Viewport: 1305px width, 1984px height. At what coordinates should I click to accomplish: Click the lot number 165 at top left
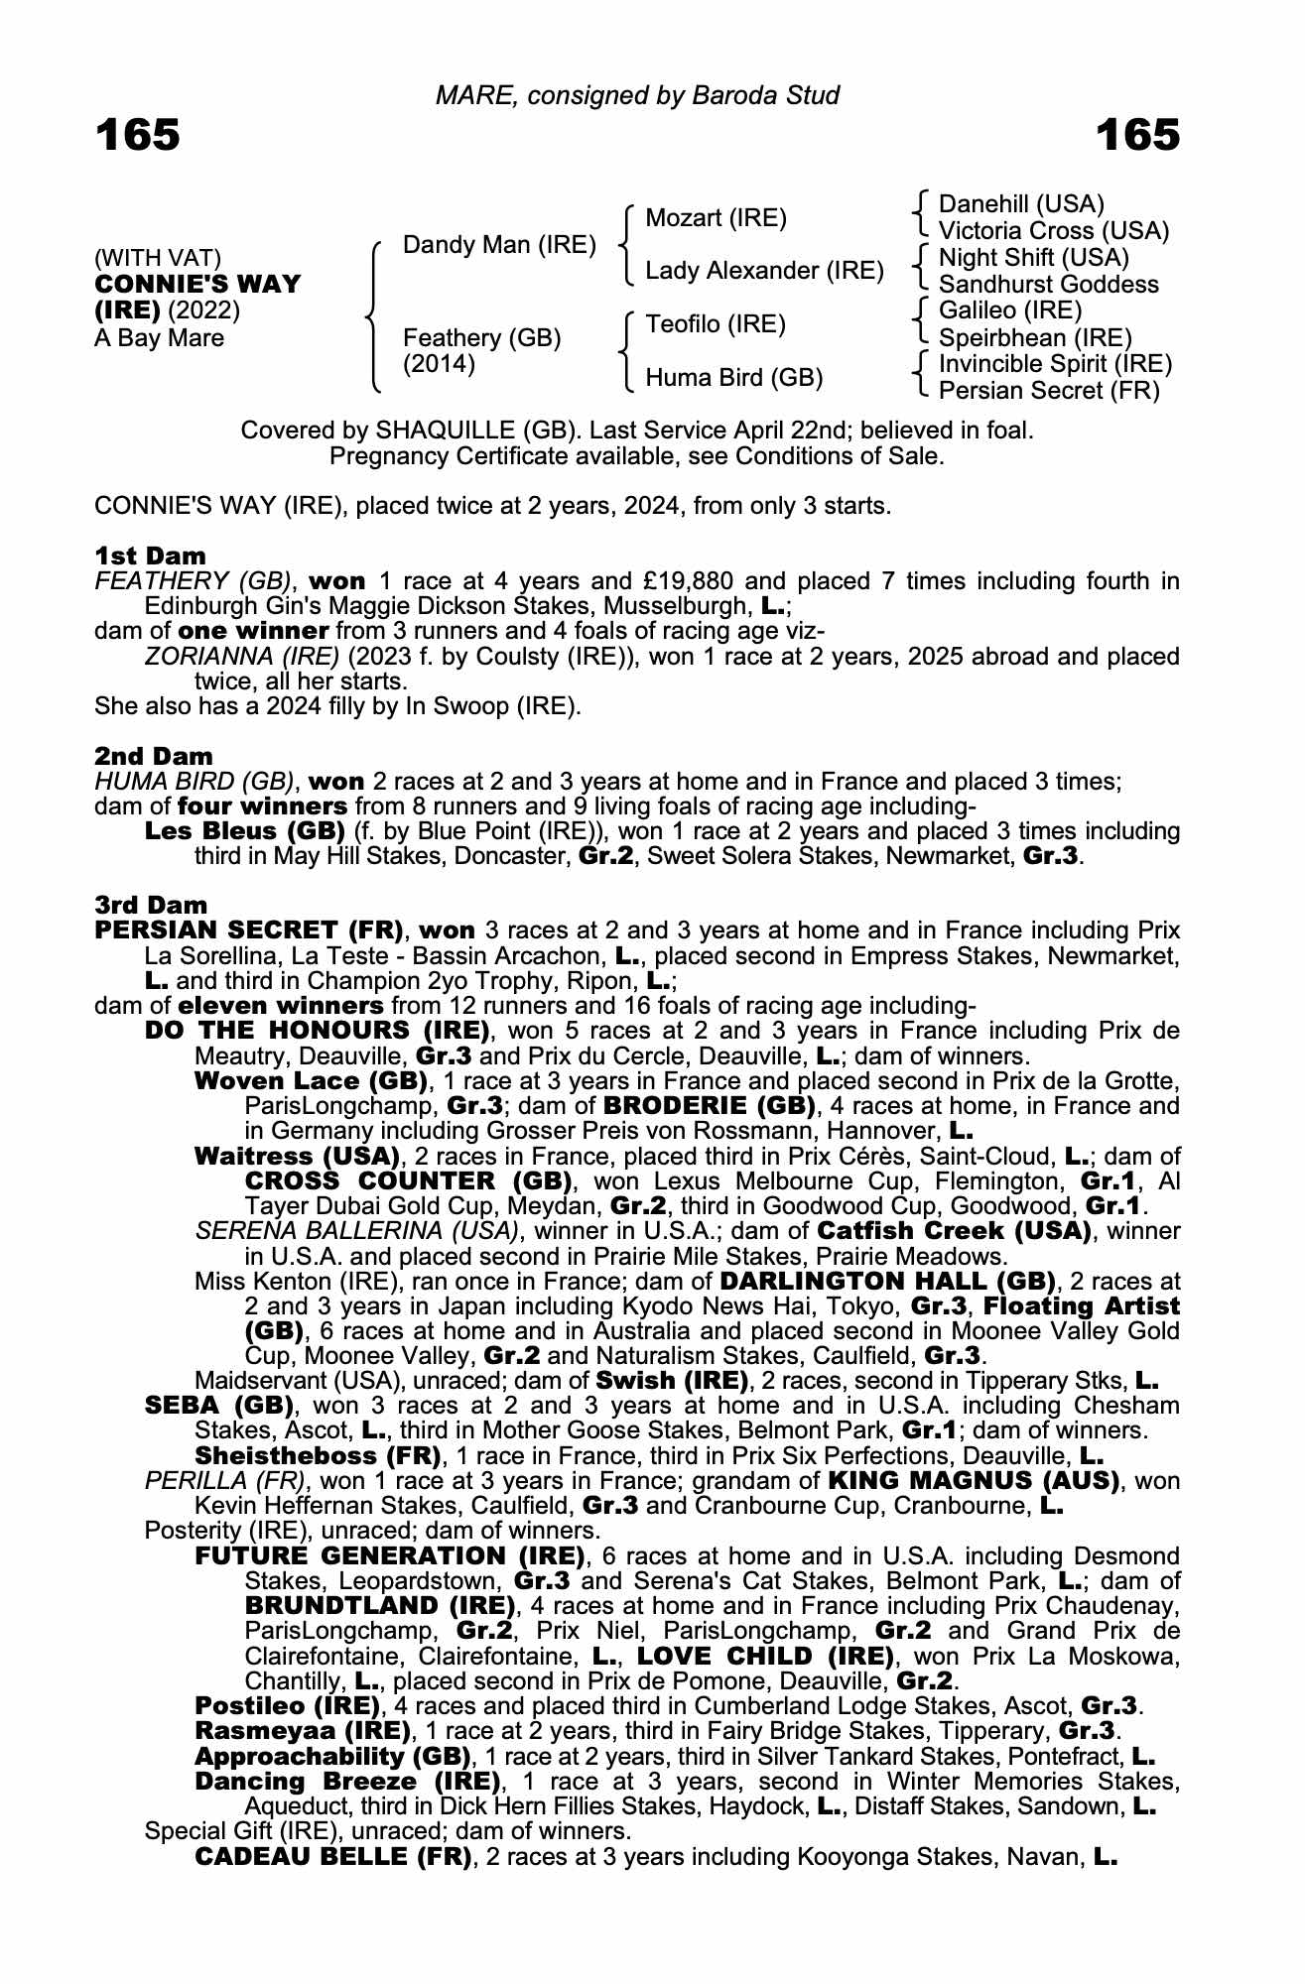pyautogui.click(x=138, y=135)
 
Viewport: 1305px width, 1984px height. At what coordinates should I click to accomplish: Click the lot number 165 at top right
pyautogui.click(x=1137, y=135)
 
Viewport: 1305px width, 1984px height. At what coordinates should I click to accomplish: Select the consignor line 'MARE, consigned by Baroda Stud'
pyautogui.click(x=637, y=95)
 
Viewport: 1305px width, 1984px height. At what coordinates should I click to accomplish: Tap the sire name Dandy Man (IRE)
pyautogui.click(x=499, y=245)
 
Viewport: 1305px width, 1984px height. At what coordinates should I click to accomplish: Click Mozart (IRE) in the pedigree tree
pyautogui.click(x=716, y=218)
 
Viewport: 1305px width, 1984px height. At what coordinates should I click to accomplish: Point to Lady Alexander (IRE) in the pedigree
pyautogui.click(x=764, y=271)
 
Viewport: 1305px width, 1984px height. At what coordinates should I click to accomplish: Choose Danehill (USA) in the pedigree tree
pyautogui.click(x=1021, y=204)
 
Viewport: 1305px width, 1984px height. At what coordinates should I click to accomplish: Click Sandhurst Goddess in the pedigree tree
pyautogui.click(x=1048, y=285)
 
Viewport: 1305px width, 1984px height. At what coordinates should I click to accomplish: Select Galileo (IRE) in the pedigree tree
pyautogui.click(x=1010, y=311)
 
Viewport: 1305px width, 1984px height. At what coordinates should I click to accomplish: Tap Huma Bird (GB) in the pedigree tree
pyautogui.click(x=734, y=378)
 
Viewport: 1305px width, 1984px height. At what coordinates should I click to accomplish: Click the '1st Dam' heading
pyautogui.click(x=151, y=556)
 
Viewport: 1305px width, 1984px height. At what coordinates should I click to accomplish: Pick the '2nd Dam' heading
pyautogui.click(x=154, y=756)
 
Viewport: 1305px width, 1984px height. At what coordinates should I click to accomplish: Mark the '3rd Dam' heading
pyautogui.click(x=152, y=905)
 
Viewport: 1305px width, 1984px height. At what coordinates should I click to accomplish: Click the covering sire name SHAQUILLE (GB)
pyautogui.click(x=471, y=432)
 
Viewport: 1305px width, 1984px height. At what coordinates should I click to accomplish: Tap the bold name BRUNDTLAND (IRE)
pyautogui.click(x=380, y=1605)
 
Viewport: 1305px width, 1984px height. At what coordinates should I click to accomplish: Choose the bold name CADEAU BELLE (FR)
pyautogui.click(x=332, y=1856)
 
